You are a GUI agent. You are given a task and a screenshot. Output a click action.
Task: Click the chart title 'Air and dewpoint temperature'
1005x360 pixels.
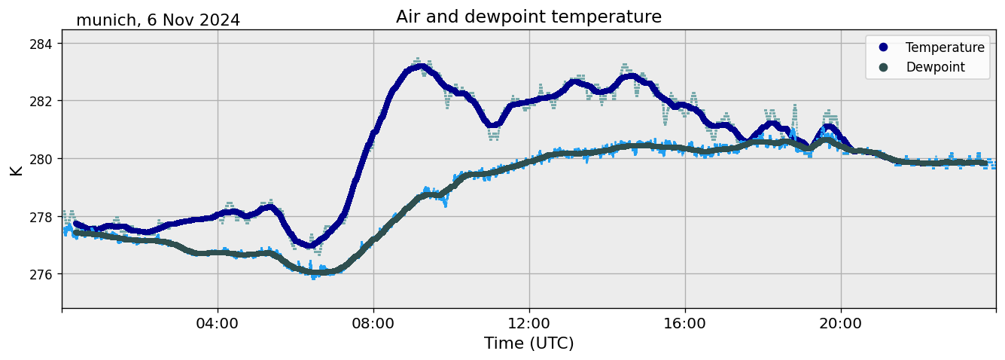528,17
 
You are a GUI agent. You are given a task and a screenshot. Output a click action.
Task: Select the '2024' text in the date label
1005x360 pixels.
218,20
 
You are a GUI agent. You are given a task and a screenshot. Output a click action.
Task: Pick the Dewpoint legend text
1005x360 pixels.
935,67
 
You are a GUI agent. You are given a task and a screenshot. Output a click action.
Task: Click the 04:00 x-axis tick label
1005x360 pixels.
218,324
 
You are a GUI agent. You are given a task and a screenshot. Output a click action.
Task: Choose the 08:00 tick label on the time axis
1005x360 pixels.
373,324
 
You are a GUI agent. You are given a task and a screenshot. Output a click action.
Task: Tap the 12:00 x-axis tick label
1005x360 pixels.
529,324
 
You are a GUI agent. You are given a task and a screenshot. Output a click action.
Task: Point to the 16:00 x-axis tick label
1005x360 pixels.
685,324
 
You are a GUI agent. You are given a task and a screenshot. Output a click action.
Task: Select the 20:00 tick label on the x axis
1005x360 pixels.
841,324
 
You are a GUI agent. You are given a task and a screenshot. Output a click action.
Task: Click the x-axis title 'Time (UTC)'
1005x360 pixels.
528,343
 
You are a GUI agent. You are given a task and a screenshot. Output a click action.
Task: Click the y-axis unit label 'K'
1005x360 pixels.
17,169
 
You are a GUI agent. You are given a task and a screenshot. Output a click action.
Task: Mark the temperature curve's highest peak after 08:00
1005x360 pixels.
420,67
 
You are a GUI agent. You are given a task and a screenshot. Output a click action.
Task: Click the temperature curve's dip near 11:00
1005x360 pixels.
493,125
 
